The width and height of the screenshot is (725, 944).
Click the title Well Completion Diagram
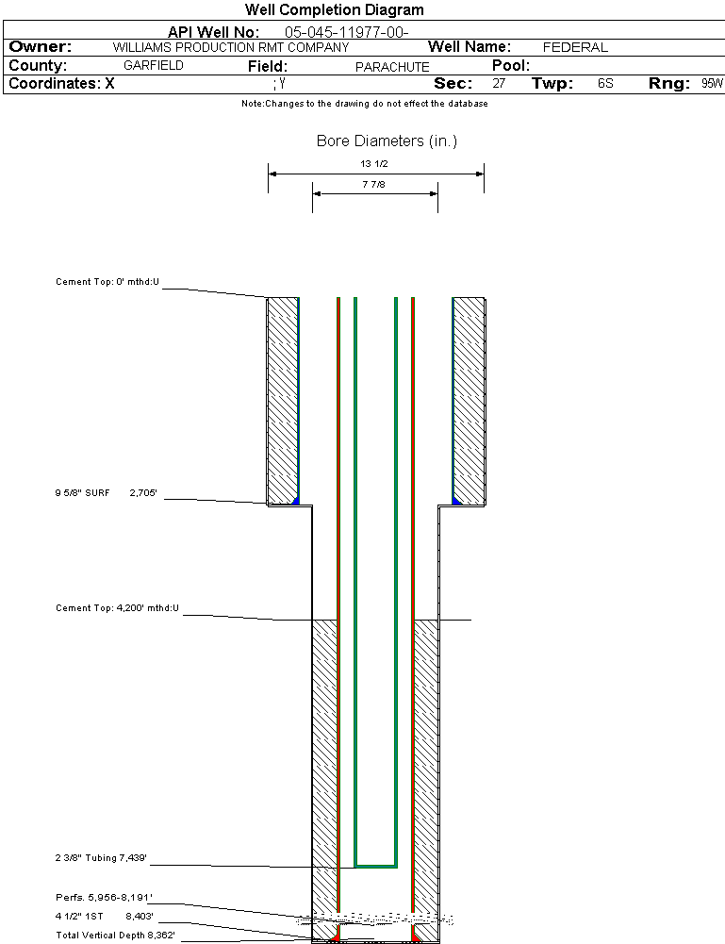(x=334, y=10)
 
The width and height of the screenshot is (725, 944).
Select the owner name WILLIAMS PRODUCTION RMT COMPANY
(x=230, y=47)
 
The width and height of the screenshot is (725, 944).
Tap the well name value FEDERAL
(x=575, y=47)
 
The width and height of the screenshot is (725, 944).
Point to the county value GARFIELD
(x=154, y=66)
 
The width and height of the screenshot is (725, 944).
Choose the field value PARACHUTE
(x=392, y=67)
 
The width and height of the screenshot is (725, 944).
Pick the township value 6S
(x=605, y=84)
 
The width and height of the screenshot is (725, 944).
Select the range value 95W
(x=712, y=84)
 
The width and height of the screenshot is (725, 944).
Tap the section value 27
(x=499, y=84)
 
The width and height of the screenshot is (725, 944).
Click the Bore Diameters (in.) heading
(x=387, y=141)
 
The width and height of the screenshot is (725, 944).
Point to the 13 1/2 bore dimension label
(x=374, y=163)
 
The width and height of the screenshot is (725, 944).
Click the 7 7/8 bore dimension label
(x=374, y=185)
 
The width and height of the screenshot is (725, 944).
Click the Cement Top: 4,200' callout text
(x=117, y=608)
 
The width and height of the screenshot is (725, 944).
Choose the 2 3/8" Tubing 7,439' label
(x=101, y=858)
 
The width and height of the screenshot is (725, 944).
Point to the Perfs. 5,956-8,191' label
(x=104, y=897)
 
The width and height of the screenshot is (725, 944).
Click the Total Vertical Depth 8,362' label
(x=116, y=935)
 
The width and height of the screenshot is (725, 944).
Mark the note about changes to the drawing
(x=364, y=104)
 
